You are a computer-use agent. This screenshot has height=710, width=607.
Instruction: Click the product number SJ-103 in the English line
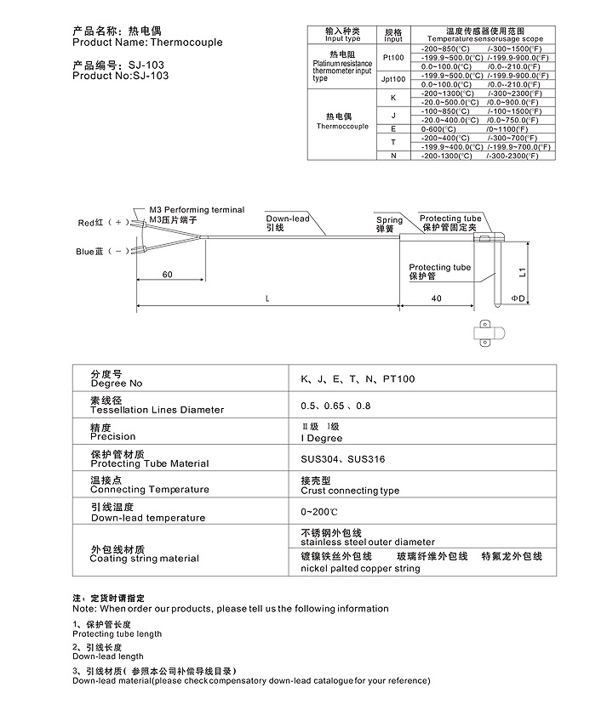click(x=150, y=75)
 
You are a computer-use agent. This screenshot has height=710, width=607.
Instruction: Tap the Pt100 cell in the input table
click(x=393, y=58)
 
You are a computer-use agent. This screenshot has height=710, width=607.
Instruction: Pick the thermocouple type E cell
click(x=393, y=128)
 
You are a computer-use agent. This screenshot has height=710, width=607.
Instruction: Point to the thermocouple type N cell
click(x=393, y=156)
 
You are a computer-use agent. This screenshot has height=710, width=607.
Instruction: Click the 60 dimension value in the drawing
click(x=167, y=275)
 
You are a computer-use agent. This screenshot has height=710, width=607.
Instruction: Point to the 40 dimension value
click(x=436, y=298)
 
